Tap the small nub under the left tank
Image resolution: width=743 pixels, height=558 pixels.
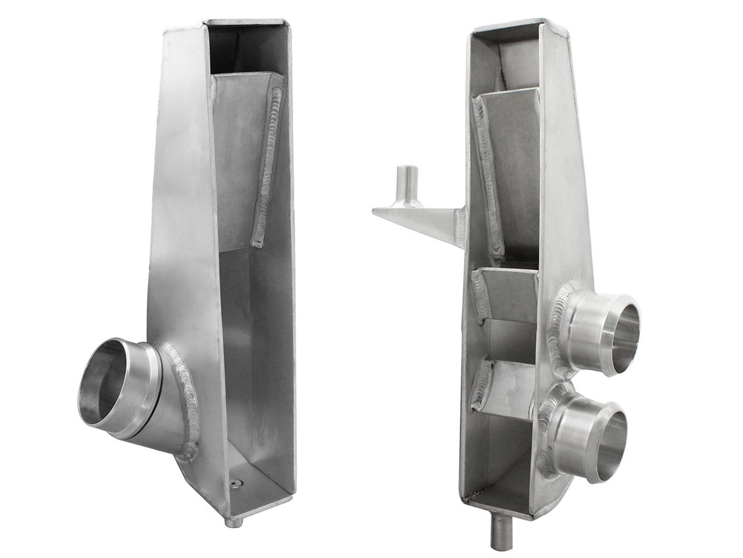(233, 522)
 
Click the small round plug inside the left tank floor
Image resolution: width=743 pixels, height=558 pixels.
(234, 483)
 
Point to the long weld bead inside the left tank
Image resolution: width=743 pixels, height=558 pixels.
(268, 165)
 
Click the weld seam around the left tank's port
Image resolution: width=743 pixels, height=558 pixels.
(187, 398)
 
